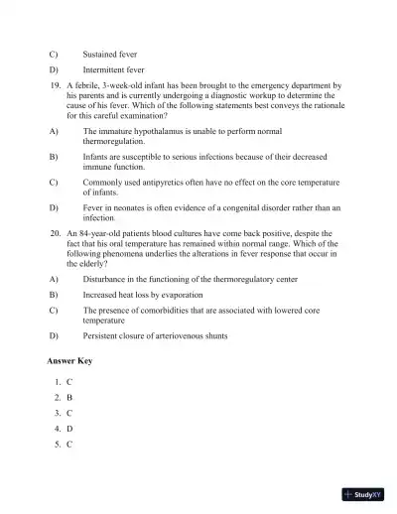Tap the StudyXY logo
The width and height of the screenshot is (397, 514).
[363, 493]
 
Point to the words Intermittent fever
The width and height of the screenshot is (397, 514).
[115, 70]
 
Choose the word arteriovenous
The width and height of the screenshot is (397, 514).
[193, 336]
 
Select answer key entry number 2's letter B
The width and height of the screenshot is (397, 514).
[69, 397]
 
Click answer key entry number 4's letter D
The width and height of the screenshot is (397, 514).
[69, 429]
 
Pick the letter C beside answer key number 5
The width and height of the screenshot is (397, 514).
[69, 445]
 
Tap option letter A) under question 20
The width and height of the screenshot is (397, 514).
[53, 280]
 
